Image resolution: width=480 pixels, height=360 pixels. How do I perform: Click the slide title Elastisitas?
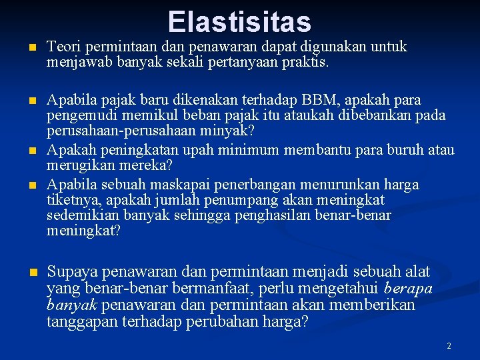point(239,21)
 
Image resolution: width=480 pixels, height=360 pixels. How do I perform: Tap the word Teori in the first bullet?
point(63,47)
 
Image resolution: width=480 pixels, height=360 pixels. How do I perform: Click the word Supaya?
point(71,272)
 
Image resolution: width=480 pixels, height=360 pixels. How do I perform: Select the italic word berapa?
point(409,288)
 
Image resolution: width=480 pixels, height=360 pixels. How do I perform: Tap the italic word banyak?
point(71,305)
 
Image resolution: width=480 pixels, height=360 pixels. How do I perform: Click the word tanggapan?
point(80,321)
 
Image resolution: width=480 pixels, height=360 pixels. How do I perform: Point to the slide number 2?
point(449,346)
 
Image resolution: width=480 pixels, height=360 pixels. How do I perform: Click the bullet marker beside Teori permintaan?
point(25,48)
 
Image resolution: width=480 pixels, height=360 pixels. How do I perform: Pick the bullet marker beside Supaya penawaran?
point(25,273)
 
